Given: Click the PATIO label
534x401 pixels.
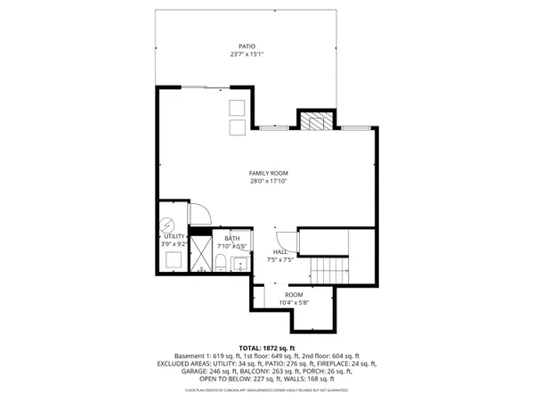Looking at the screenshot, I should pos(247,45).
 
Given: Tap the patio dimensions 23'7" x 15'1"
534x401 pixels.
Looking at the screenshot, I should pos(247,54).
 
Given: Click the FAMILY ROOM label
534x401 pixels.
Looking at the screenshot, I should pos(268,173).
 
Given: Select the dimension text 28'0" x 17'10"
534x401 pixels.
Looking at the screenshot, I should pos(268,182).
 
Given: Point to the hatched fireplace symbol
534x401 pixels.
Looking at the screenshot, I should pos(315,121).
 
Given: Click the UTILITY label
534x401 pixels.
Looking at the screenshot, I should pos(174,236).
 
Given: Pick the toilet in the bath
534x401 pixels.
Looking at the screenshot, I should pos(219,262).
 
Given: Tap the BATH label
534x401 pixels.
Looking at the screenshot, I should pos(232,238).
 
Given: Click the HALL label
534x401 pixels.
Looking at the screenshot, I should pos(279,252).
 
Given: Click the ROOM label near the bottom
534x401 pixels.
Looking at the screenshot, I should pos(294,294).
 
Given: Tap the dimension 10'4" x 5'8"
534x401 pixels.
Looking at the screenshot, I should pos(294,303).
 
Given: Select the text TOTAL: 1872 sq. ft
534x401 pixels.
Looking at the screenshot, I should pos(267,347).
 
